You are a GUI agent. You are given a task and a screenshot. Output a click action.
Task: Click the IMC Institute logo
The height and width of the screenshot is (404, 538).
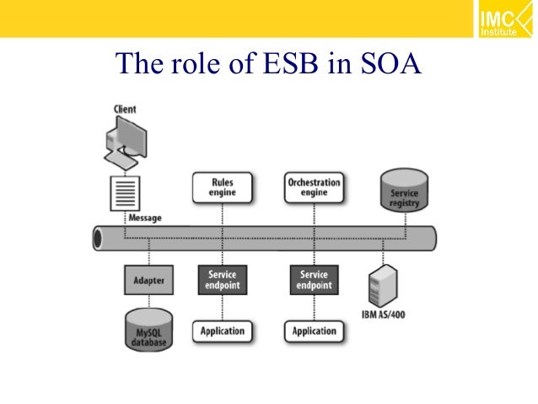(501, 21)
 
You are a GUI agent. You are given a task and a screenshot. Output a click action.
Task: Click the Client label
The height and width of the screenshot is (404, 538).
(124, 110)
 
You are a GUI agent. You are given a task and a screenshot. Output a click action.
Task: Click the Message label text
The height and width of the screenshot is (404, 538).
(144, 218)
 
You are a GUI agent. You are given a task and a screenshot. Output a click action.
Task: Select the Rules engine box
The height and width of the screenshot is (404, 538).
(223, 187)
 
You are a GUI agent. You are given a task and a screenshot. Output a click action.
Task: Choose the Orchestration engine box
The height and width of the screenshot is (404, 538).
(314, 187)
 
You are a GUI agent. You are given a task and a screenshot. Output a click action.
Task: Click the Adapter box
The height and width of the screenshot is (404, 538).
(149, 279)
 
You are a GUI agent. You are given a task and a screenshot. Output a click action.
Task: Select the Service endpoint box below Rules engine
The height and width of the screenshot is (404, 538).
(223, 280)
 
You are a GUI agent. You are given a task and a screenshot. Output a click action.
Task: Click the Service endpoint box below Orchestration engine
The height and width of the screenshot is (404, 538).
(314, 280)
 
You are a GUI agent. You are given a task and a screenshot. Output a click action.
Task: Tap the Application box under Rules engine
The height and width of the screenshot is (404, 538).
(223, 331)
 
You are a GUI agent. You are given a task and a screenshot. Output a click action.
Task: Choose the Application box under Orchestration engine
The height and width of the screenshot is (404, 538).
(314, 331)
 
